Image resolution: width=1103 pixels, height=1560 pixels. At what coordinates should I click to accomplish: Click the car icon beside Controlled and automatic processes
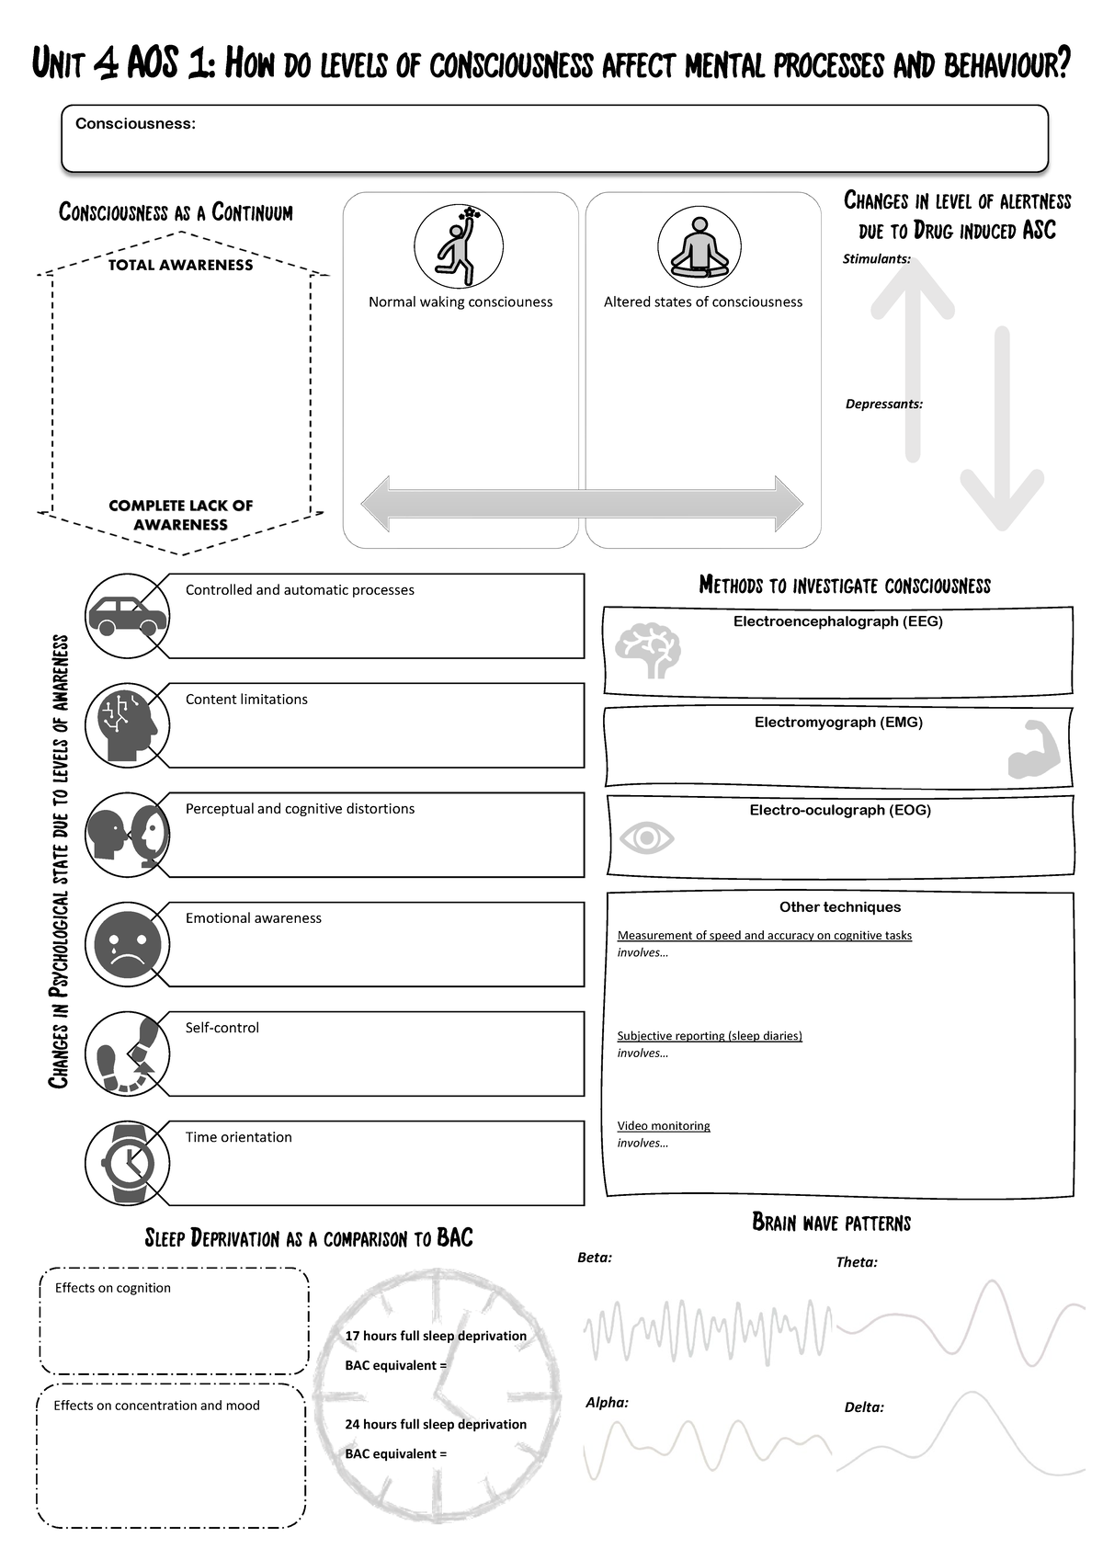coord(127,617)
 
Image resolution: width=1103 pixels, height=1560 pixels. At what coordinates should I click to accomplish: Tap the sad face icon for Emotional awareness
coord(128,944)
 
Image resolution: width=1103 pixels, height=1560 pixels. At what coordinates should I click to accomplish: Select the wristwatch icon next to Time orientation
coord(128,1163)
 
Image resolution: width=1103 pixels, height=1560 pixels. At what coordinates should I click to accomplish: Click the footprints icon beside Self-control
coord(128,1054)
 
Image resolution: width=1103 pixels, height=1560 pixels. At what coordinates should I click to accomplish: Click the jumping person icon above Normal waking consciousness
coord(459,246)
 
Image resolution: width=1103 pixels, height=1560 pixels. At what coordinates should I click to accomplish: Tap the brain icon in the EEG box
coord(648,650)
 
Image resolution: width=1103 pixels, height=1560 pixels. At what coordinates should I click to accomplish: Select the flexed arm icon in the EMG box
coord(1035,751)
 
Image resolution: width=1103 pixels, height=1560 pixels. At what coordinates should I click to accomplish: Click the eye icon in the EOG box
coord(647,838)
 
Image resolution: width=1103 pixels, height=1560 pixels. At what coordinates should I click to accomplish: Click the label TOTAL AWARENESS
coord(180,265)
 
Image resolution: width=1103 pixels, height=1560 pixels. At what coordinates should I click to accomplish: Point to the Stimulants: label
coord(876,259)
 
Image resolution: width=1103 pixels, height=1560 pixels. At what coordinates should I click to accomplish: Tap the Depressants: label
coord(883,404)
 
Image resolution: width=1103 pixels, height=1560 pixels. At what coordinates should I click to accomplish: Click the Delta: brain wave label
coord(864,1407)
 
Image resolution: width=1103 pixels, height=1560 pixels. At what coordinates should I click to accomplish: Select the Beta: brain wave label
coord(594,1258)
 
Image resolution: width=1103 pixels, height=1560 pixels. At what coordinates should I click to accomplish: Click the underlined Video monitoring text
coord(664,1126)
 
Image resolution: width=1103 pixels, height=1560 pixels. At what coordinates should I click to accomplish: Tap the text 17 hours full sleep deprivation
coord(436,1336)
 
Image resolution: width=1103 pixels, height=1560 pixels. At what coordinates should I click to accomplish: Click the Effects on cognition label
coord(113,1288)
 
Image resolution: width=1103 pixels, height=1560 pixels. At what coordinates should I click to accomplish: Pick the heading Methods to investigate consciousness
coord(845,586)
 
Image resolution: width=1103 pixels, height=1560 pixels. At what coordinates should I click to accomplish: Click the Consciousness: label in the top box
coord(135,124)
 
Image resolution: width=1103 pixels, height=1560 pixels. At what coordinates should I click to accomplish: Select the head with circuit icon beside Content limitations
coord(128,725)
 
